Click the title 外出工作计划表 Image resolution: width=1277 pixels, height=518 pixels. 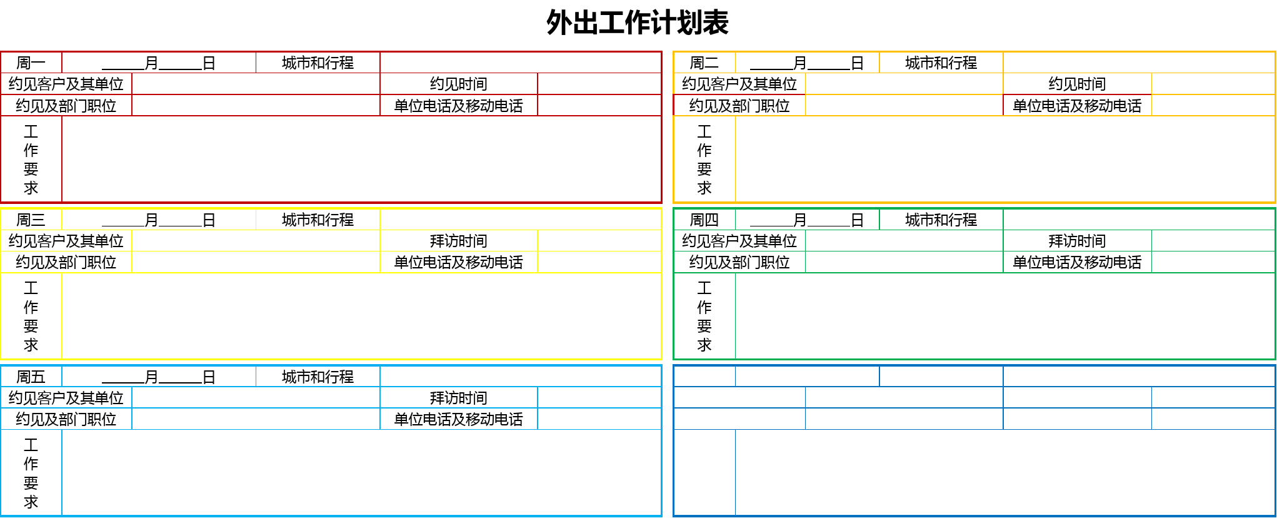click(638, 23)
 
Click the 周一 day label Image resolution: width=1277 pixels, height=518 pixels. click(31, 63)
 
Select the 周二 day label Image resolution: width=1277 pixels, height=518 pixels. click(704, 63)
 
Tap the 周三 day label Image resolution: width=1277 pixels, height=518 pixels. click(31, 220)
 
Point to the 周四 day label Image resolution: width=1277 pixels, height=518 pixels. click(704, 220)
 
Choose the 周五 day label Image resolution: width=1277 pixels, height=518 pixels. click(31, 377)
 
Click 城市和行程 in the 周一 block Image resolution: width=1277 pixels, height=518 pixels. click(318, 63)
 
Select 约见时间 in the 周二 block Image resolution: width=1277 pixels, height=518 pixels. click(1077, 84)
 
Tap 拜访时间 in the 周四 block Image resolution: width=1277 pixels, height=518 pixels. click(1077, 241)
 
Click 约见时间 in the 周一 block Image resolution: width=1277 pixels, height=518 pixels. click(458, 84)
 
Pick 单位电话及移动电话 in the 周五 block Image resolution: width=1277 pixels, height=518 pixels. click(458, 419)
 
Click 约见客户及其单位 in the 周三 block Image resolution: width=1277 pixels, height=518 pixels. click(66, 241)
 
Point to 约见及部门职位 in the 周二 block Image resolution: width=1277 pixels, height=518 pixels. click(739, 106)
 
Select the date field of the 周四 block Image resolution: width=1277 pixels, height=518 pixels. click(807, 220)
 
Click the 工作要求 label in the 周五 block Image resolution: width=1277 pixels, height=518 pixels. click(31, 474)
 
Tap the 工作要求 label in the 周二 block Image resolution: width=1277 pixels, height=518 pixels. click(704, 160)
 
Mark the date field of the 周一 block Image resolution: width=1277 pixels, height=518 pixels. click(159, 63)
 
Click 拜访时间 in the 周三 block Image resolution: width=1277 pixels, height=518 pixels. click(458, 241)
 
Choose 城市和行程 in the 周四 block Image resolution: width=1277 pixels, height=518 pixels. click(941, 220)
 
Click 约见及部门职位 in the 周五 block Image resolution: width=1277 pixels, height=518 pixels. click(66, 419)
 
